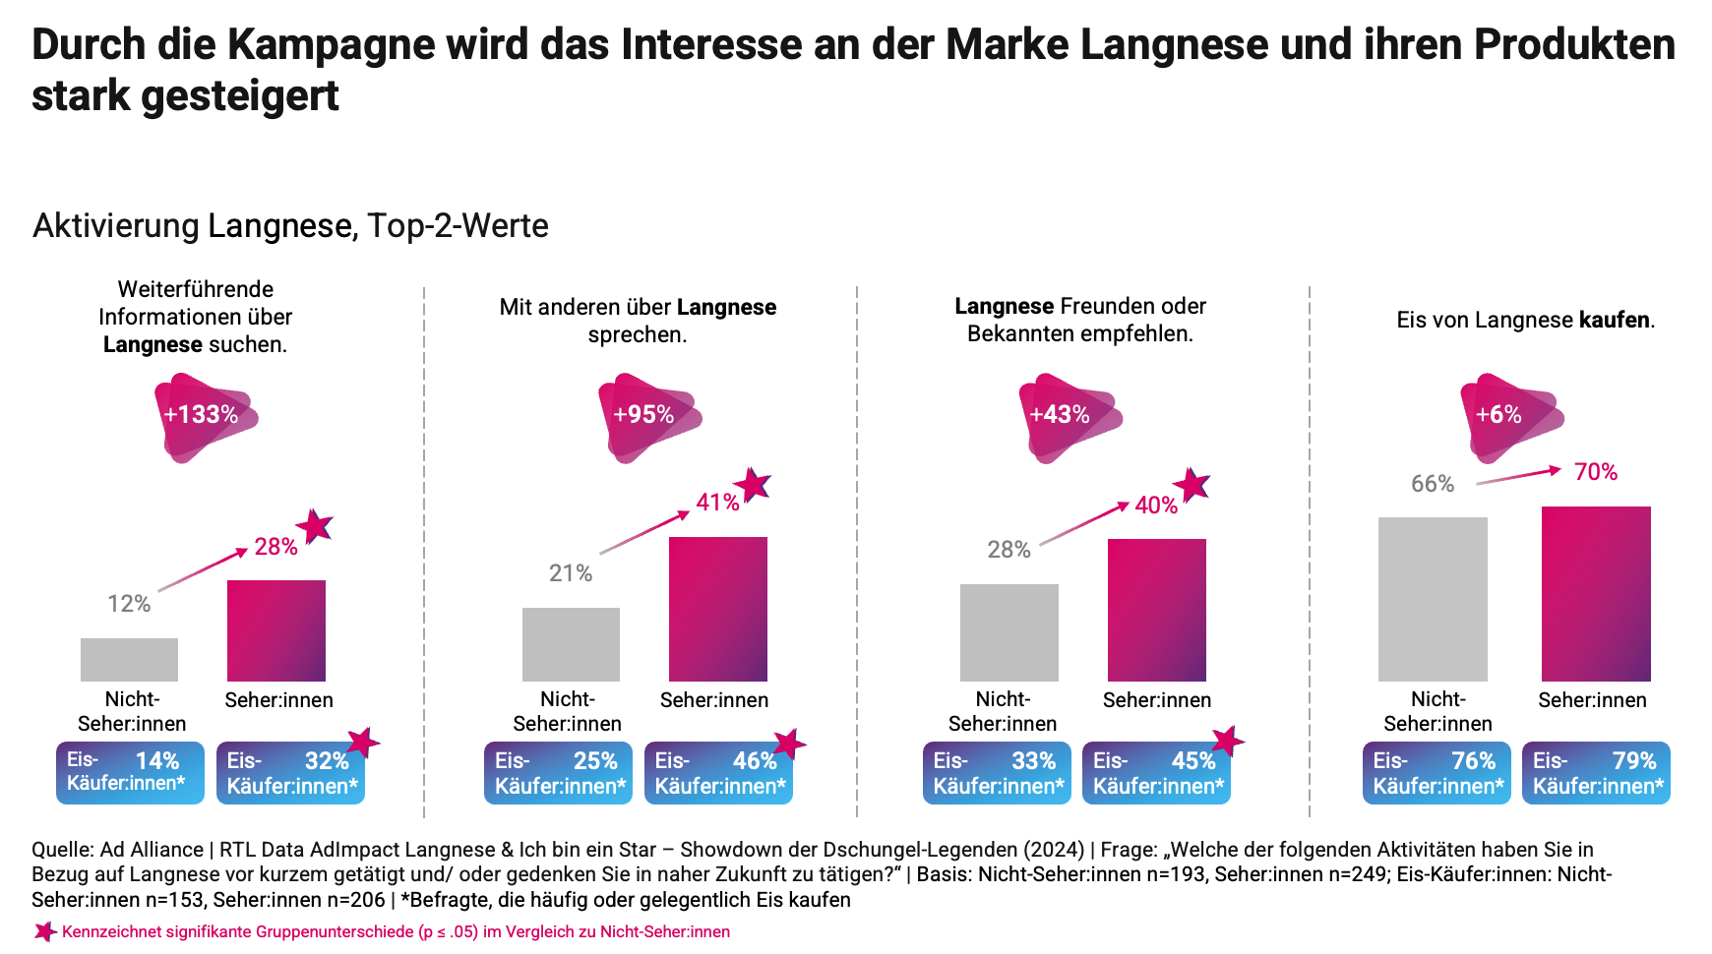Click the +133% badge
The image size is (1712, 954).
pyautogui.click(x=203, y=416)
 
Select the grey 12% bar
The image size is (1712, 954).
pyautogui.click(x=129, y=659)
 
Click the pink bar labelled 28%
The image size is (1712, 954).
pyautogui.click(x=276, y=630)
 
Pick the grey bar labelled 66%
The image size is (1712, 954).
pyautogui.click(x=1433, y=599)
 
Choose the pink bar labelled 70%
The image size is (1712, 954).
pyautogui.click(x=1596, y=594)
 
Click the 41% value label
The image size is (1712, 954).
pyautogui.click(x=717, y=503)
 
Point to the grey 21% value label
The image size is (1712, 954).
pyautogui.click(x=571, y=573)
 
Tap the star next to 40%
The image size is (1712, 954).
pyautogui.click(x=1192, y=484)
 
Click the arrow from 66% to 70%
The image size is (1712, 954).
pyautogui.click(x=1518, y=476)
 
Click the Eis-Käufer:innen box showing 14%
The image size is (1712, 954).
pyautogui.click(x=130, y=773)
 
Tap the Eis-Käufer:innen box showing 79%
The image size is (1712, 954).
pyautogui.click(x=1596, y=773)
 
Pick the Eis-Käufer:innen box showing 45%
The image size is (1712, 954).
pyautogui.click(x=1156, y=773)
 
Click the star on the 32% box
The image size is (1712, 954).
pyautogui.click(x=363, y=743)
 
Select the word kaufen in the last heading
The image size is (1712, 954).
pyautogui.click(x=1615, y=320)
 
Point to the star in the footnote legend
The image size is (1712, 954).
pyautogui.click(x=44, y=931)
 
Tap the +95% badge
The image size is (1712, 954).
pyautogui.click(x=645, y=416)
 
